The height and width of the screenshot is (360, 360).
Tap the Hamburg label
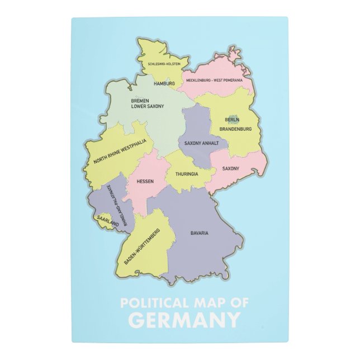164,83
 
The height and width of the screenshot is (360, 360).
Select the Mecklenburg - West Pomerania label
218,80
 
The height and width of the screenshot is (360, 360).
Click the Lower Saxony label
148,106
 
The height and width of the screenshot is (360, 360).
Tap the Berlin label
232,120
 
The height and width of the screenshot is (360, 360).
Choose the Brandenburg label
235,129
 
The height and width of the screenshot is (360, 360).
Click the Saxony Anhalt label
202,143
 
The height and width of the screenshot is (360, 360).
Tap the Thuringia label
187,174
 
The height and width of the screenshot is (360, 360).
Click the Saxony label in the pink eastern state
231,168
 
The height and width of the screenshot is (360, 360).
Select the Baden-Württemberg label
142,247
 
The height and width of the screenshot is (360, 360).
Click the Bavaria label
199,233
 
